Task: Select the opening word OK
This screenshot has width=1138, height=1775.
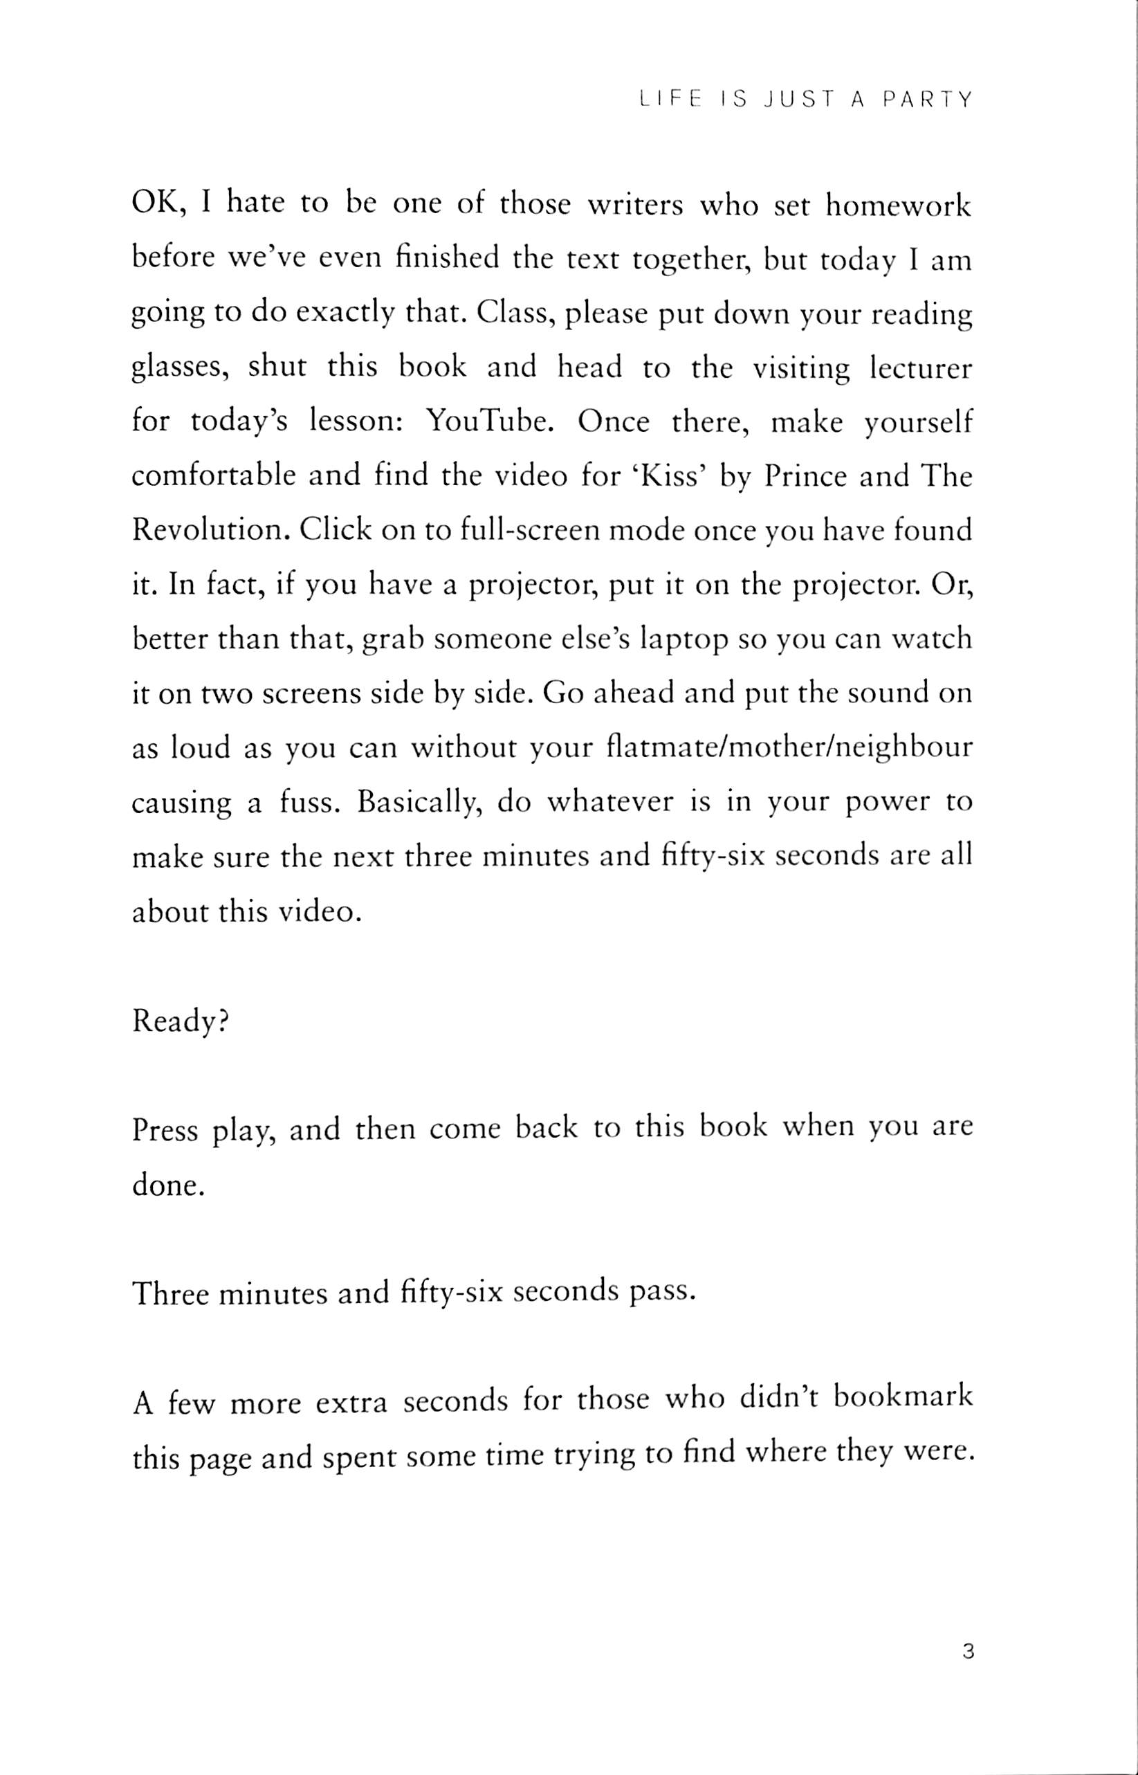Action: point(156,204)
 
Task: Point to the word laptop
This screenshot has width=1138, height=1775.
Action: point(685,639)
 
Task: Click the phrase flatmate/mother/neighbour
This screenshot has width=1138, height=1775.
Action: point(789,748)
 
